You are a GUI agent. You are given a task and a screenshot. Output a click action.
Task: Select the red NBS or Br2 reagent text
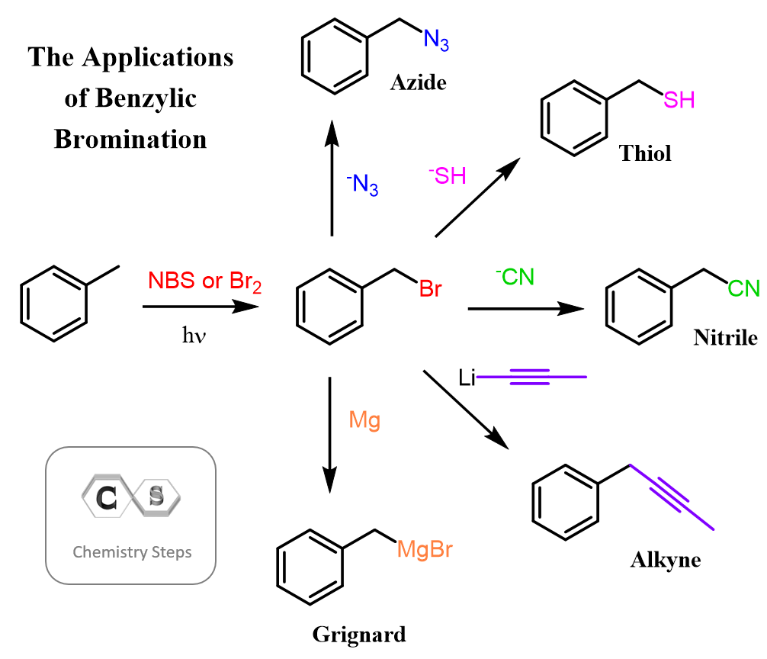205,281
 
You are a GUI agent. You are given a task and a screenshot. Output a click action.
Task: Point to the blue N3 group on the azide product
436,40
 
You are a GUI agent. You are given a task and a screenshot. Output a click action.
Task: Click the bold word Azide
418,83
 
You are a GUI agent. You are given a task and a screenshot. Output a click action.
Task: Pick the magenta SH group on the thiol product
678,101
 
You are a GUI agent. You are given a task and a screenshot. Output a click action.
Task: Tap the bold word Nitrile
725,337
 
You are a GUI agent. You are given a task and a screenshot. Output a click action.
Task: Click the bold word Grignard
358,634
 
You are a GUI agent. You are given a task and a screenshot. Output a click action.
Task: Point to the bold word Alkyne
666,561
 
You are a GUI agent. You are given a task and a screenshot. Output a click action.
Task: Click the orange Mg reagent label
364,420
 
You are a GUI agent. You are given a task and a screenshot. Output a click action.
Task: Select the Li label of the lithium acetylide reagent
467,376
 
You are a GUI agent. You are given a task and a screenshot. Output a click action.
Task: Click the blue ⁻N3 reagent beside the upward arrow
362,185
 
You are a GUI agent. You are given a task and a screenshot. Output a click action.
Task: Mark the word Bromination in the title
130,140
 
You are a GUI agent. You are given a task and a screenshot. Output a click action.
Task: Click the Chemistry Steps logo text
132,551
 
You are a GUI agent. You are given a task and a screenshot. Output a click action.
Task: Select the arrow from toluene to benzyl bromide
200,307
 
